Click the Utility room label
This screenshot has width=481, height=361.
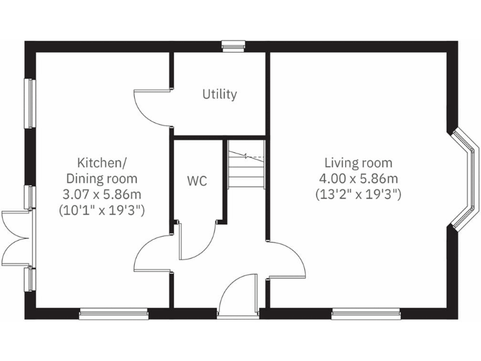tap(219, 95)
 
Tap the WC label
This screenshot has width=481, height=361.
tap(197, 181)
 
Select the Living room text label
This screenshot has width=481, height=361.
tap(355, 164)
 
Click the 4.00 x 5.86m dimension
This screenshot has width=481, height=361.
tap(355, 179)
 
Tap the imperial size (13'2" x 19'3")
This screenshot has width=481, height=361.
tap(355, 194)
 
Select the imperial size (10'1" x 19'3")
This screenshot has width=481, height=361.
tap(101, 210)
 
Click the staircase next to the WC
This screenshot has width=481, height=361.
tap(246, 164)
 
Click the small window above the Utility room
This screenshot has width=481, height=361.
tap(233, 45)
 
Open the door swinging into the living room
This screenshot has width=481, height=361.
tap(287, 260)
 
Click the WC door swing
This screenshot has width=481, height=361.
tap(195, 241)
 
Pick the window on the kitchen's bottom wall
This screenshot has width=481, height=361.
tap(113, 313)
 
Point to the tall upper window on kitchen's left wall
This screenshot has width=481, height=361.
tap(29, 103)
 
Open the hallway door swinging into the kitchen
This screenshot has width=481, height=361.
tap(152, 253)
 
